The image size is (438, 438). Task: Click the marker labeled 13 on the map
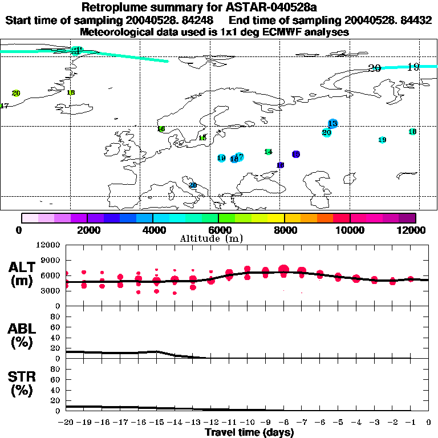(333, 124)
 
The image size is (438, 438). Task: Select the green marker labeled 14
(268, 152)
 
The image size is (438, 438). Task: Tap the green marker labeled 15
(202, 137)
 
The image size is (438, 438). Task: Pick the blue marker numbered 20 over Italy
(193, 185)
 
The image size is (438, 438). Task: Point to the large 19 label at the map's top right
(413, 67)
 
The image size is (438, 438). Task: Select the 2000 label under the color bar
(87, 230)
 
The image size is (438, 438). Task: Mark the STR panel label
(23, 383)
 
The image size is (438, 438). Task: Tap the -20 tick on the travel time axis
(66, 423)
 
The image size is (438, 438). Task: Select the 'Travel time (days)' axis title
(249, 433)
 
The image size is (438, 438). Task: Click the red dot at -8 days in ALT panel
(283, 270)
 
